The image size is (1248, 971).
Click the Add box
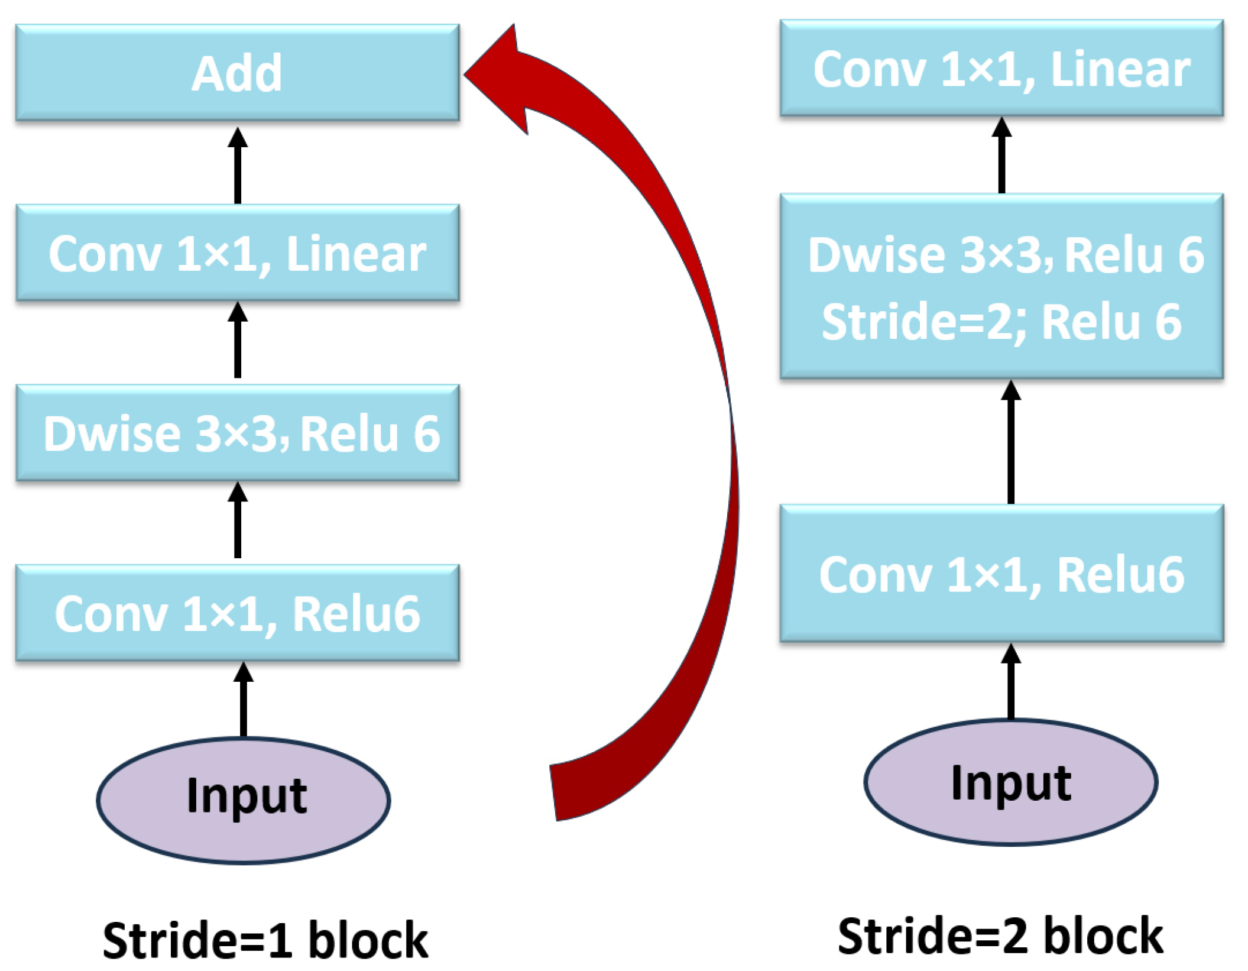tap(237, 72)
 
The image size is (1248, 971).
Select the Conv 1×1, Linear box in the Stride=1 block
tap(237, 253)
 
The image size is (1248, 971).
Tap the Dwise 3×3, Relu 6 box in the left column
tap(237, 433)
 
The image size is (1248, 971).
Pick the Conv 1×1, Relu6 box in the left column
tap(237, 613)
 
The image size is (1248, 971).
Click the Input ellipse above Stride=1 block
tap(243, 800)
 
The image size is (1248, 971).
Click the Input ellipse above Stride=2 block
tap(1010, 782)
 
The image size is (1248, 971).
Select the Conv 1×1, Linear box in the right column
tap(1001, 68)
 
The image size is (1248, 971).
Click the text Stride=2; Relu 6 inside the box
tap(1001, 322)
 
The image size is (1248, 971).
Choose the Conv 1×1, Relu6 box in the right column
tap(1001, 574)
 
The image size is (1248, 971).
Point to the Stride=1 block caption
tap(265, 940)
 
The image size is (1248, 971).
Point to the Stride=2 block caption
tap(1000, 936)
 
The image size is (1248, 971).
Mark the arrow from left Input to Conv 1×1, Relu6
tap(243, 701)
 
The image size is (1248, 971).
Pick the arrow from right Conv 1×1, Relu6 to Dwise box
tap(1010, 444)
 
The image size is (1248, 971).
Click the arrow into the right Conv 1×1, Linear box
tap(1001, 157)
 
